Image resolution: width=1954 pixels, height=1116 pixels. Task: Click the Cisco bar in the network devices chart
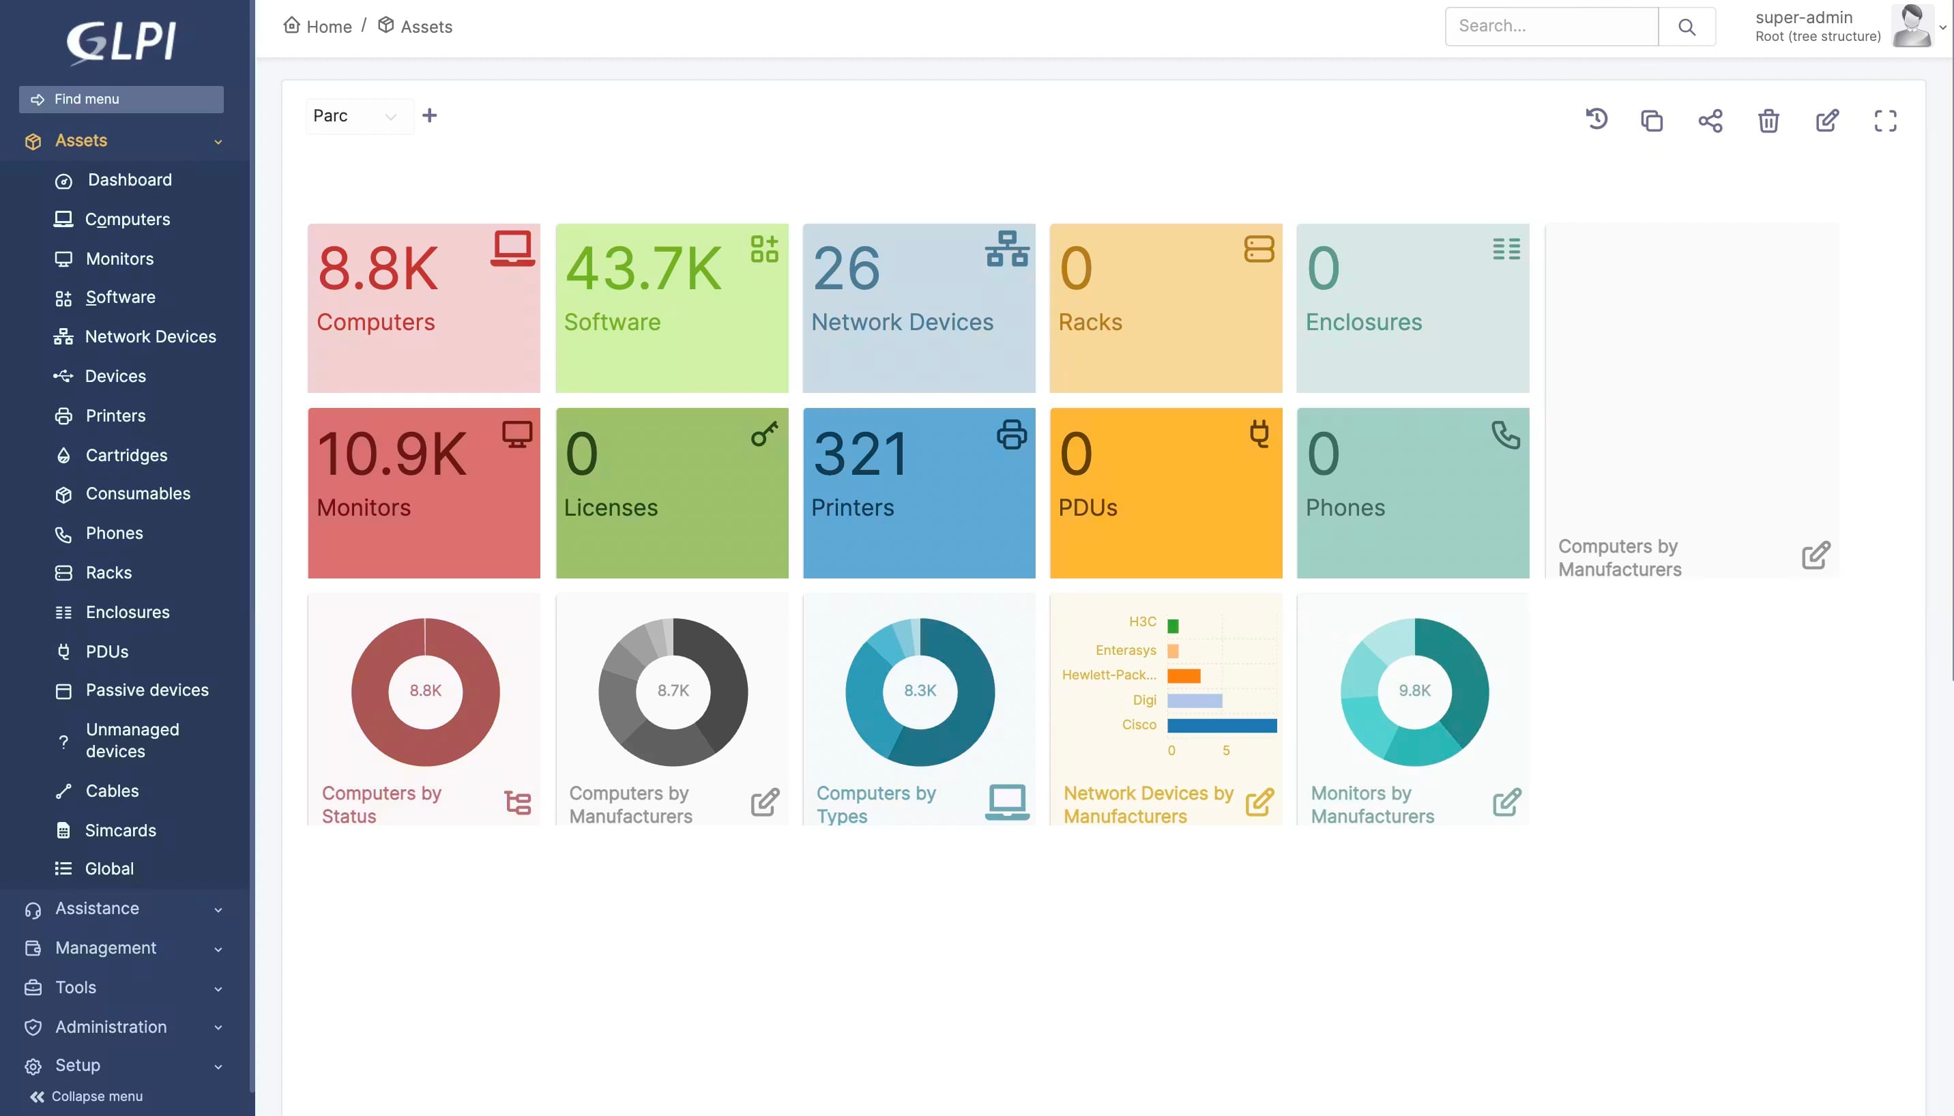1221,725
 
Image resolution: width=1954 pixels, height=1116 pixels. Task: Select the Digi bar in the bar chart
1195,701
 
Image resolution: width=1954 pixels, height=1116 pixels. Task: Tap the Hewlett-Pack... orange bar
1184,675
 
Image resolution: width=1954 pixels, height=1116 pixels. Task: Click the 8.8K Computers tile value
378,269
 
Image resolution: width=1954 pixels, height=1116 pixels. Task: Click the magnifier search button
1687,27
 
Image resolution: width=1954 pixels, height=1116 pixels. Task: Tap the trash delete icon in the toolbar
1768,120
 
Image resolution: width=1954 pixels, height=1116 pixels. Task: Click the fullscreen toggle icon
1885,120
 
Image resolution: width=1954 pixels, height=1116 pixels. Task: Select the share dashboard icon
1710,120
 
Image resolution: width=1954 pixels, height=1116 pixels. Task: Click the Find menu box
121,99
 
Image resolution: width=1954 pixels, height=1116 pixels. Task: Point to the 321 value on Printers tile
860,454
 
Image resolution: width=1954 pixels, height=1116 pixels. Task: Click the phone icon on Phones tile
1506,435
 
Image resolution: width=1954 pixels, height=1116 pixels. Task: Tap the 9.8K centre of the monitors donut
1414,690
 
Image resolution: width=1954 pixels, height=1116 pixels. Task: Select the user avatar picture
1912,26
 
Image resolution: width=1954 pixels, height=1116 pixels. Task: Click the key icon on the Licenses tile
764,434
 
